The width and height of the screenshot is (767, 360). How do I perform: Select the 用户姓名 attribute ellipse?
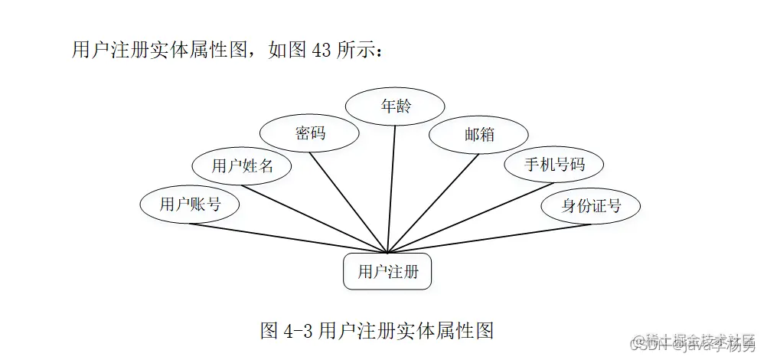[242, 165]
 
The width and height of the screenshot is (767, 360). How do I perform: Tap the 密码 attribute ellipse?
[310, 133]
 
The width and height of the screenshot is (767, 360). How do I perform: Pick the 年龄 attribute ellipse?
[396, 106]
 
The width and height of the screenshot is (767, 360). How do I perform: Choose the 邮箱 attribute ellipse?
[479, 135]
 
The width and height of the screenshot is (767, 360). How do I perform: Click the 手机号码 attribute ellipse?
[554, 165]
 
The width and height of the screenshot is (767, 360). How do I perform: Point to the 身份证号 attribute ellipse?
[590, 205]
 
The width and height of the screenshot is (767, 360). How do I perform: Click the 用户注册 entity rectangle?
[387, 271]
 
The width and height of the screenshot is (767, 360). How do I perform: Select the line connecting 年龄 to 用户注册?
[393, 184]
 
